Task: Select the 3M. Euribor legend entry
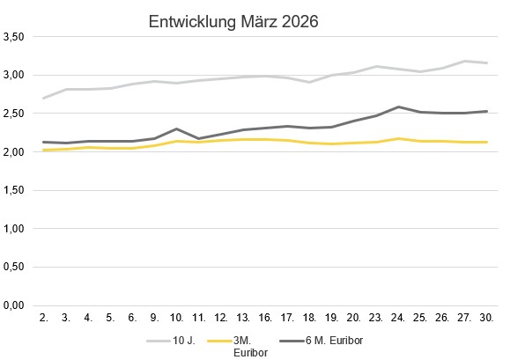coord(239,345)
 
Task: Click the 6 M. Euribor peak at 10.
coord(177,129)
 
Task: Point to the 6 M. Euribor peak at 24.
coord(399,107)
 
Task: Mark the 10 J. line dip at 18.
coord(310,82)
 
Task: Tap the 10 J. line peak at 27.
coord(465,61)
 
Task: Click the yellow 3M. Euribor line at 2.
coord(43,151)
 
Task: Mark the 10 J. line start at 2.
coord(43,98)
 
